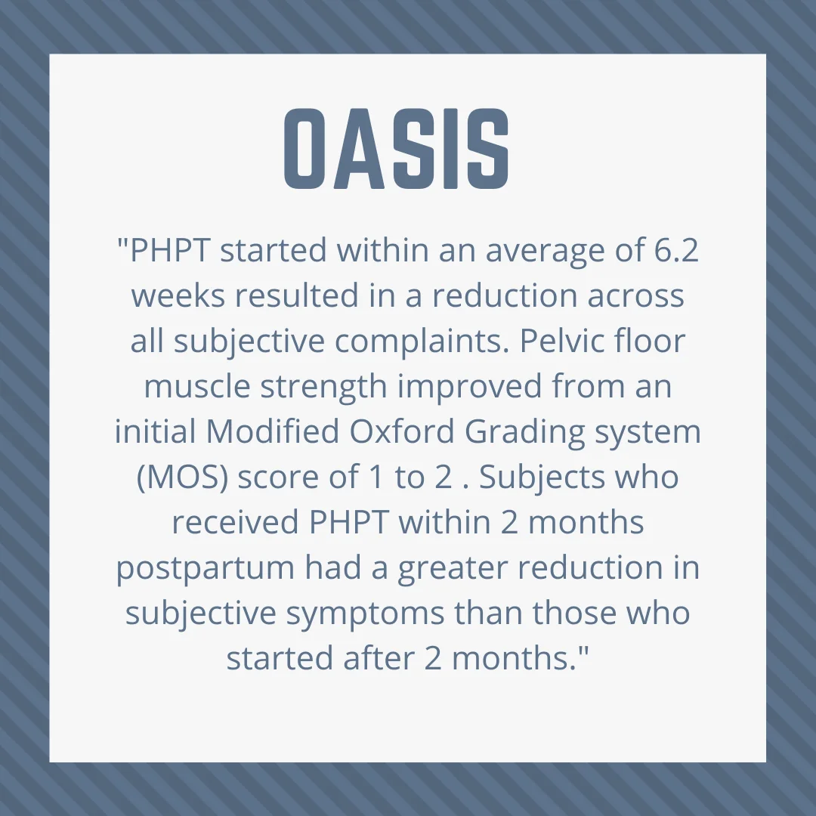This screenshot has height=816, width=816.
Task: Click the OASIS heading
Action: [396, 149]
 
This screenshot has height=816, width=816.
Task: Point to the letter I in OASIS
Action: [453, 149]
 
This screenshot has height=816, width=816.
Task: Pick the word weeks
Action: [178, 295]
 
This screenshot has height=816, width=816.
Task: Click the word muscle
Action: [196, 386]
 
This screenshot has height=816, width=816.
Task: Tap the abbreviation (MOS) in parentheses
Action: [182, 478]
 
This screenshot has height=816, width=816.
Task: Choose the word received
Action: [235, 522]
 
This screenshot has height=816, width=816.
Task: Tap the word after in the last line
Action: [379, 658]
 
